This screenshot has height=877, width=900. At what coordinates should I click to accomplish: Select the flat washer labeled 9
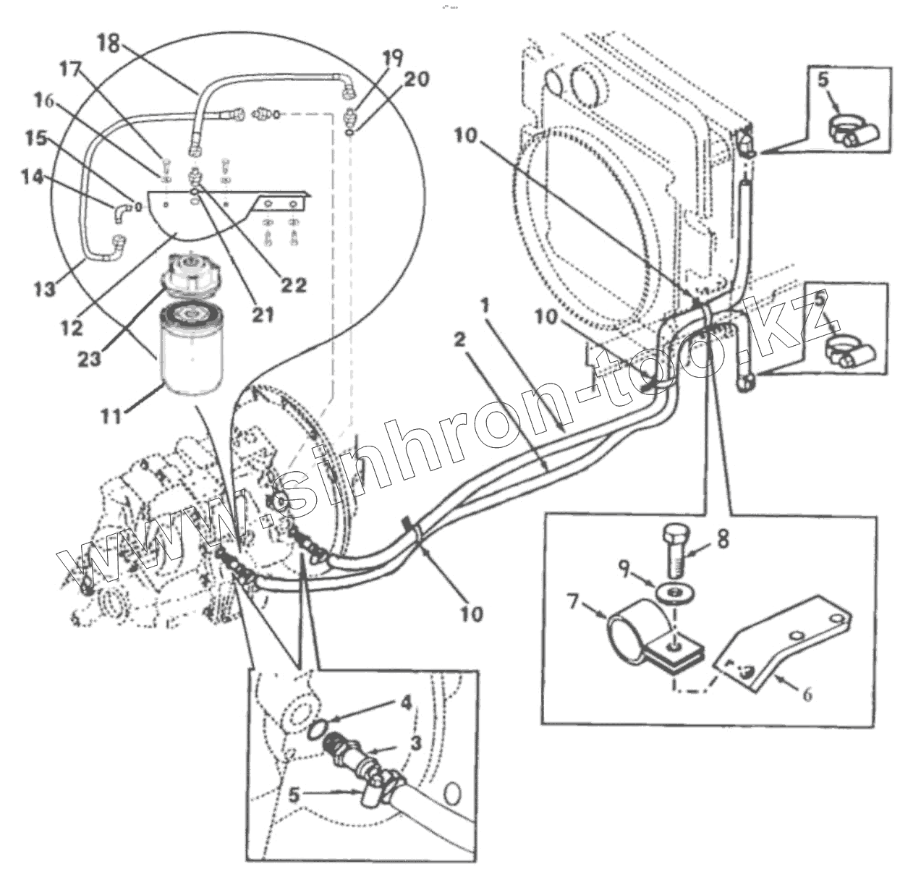[674, 593]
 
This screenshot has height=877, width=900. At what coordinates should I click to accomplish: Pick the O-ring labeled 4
[319, 729]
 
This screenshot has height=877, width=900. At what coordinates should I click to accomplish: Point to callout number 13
[44, 288]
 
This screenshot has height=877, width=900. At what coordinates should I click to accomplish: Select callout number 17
[70, 70]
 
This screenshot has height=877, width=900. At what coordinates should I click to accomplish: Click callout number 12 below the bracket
[72, 328]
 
